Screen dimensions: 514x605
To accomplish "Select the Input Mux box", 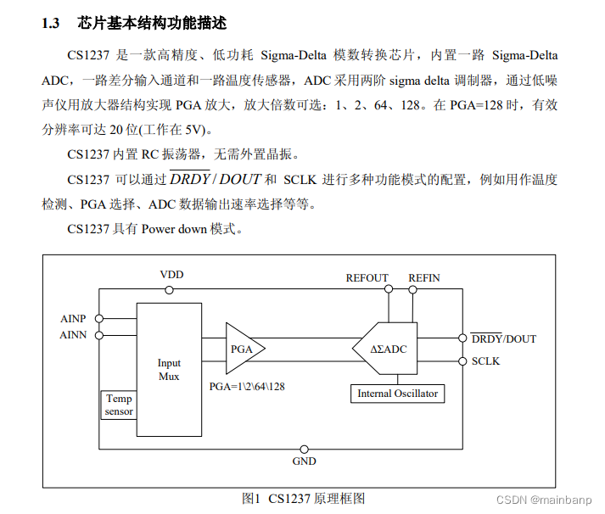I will point(169,370).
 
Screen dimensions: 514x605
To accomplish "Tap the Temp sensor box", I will point(119,405).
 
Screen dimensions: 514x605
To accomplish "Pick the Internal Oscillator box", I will point(397,394).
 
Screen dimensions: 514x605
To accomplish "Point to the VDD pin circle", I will point(170,290).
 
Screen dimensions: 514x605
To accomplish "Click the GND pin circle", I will point(304,448).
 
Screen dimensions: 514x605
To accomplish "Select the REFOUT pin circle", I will point(389,290).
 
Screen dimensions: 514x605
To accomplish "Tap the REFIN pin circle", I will point(414,290).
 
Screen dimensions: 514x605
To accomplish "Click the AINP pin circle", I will point(99,319).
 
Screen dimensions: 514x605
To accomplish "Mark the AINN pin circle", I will point(99,335).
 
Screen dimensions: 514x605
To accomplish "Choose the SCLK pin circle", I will point(462,361).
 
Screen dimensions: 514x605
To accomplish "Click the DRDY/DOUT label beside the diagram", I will point(504,338).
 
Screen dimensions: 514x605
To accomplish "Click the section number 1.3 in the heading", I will point(50,23).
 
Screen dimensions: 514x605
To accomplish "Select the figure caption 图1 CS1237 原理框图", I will point(303,498).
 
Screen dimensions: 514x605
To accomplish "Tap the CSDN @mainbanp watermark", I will point(547,501).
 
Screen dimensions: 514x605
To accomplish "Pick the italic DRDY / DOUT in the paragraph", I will point(215,179).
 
